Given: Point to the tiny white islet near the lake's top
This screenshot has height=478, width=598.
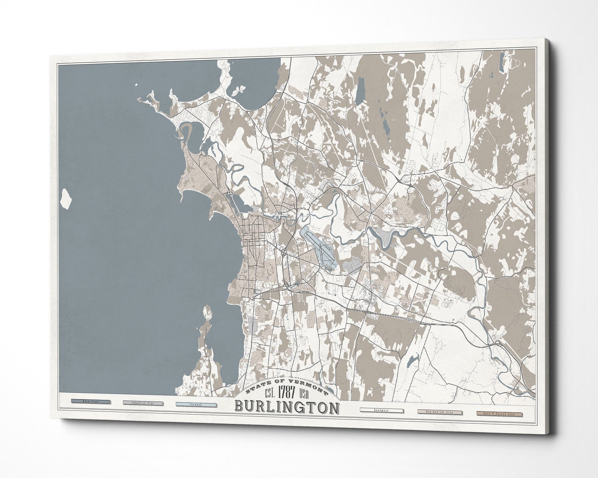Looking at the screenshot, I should tap(136, 84).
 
